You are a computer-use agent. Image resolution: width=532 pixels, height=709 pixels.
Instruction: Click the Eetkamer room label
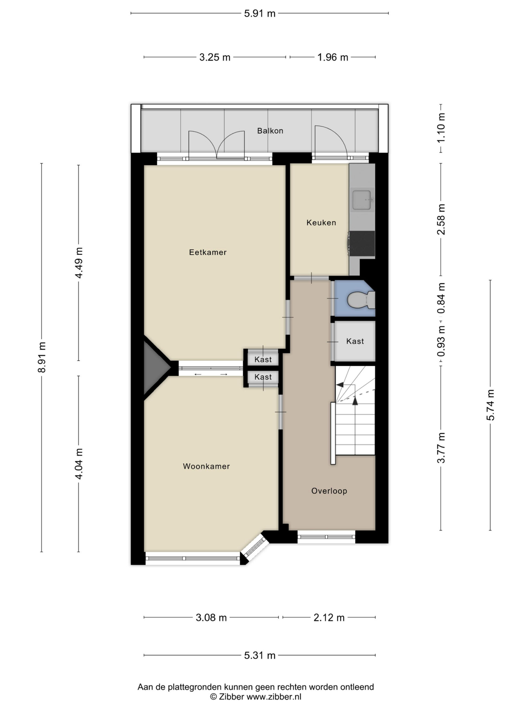pos(208,252)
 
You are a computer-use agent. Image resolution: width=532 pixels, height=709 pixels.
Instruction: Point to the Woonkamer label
pos(206,466)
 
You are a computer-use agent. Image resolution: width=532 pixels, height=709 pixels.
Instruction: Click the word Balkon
pos(270,131)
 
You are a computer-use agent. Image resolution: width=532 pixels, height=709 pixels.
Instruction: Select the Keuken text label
pos(321,222)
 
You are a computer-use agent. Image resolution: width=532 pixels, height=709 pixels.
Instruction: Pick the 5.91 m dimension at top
pos(260,14)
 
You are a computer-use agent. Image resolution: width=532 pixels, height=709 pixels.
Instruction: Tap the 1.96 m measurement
pos(332,57)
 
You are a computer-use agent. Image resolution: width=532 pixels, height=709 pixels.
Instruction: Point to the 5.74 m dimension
pos(490,405)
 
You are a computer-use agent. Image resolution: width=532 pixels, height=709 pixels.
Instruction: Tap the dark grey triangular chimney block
pos(155,368)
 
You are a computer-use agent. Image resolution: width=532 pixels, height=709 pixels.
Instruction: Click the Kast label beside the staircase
pos(355,341)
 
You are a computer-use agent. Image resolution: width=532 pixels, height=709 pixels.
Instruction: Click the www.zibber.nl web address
pos(273,697)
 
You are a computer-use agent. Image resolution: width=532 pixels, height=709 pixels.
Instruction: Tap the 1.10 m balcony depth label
pos(441,128)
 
